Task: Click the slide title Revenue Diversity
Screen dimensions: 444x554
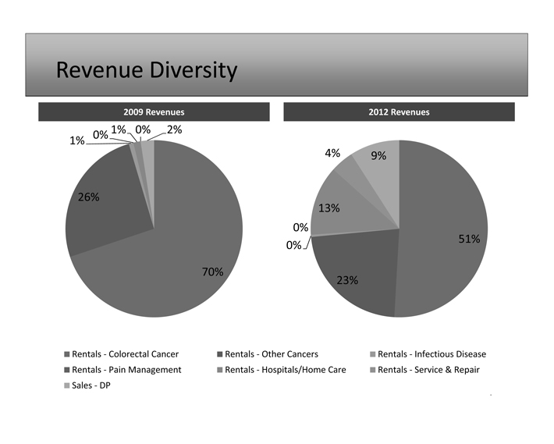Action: [x=146, y=71]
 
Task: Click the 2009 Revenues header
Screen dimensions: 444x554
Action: [x=154, y=112]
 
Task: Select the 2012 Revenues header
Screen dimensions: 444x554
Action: [x=399, y=112]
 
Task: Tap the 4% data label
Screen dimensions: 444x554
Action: [x=333, y=153]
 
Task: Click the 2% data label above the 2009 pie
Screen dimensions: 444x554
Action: [x=175, y=130]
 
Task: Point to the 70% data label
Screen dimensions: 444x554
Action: [x=212, y=272]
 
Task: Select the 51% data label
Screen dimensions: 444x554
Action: [x=469, y=239]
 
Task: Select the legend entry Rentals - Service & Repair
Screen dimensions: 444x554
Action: [x=428, y=369]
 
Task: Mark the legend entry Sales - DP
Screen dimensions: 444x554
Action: [x=91, y=385]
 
